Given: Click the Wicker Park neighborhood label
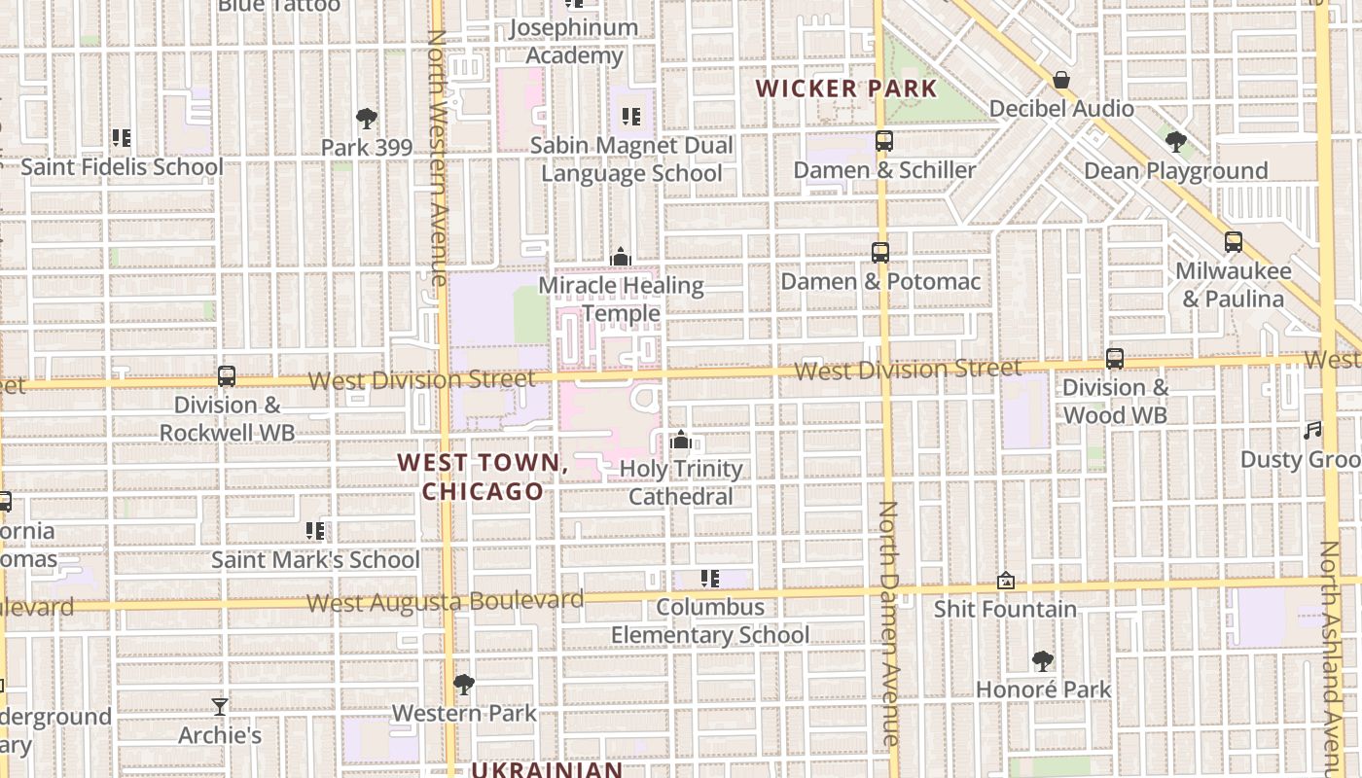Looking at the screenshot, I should [x=845, y=88].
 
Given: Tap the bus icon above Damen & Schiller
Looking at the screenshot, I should [x=883, y=141].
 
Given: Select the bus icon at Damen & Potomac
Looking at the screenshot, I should [x=879, y=253].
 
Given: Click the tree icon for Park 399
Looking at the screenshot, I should [x=367, y=120].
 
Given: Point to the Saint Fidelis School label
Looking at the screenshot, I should [x=122, y=167].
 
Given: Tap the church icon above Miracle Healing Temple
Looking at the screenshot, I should [x=620, y=258].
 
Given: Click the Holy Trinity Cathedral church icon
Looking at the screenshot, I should [x=681, y=441].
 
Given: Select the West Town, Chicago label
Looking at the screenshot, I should [x=483, y=477].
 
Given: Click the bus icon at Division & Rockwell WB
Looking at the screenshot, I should [x=227, y=375].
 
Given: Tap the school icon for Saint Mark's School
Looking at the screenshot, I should [x=315, y=531].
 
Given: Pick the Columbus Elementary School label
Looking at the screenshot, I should [x=710, y=620].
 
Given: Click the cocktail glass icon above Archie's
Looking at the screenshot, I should [x=220, y=707].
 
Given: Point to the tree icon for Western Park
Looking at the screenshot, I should [x=464, y=685].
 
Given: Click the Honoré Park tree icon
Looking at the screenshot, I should [x=1043, y=661].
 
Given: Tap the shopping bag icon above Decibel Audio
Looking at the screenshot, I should [x=1061, y=80].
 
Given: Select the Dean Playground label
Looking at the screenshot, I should [x=1175, y=171].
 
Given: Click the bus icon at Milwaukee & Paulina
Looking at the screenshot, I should [x=1233, y=242].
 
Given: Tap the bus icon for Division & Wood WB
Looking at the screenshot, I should [x=1115, y=359].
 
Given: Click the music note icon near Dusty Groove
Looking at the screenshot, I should [x=1313, y=431].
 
